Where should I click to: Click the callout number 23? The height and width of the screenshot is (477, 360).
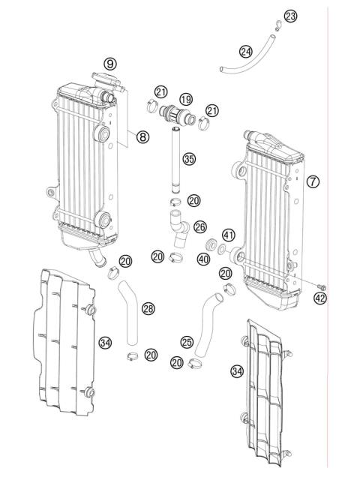coord(291,16)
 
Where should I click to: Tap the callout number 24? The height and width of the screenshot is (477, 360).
coord(246,51)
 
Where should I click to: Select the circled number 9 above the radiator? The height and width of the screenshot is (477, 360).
coord(110,64)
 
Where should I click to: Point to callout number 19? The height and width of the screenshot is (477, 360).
coord(185,98)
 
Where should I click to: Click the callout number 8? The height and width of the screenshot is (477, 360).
coord(142,136)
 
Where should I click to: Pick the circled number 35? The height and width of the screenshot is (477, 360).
coord(189,159)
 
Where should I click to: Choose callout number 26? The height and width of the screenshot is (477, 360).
coord(200,226)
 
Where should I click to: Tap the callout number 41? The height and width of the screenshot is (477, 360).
coord(229,235)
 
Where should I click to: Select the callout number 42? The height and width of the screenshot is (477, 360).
coord(320,298)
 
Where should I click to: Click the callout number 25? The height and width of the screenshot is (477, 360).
coord(187,341)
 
